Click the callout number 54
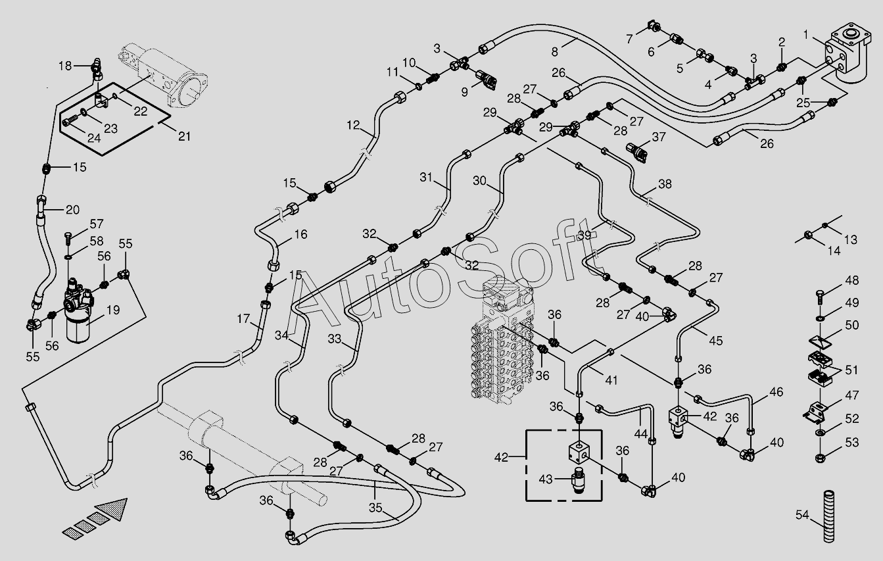[x=801, y=515]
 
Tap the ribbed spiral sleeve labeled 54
[x=828, y=516]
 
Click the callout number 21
[x=184, y=136]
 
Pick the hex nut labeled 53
[x=821, y=458]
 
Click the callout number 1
[x=805, y=35]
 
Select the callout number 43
[x=546, y=479]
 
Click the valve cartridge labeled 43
[x=579, y=479]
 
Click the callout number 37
[x=659, y=137]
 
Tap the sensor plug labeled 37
[x=636, y=153]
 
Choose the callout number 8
[x=555, y=52]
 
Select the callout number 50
[x=852, y=326]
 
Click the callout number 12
[x=353, y=125]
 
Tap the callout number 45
[x=716, y=341]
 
